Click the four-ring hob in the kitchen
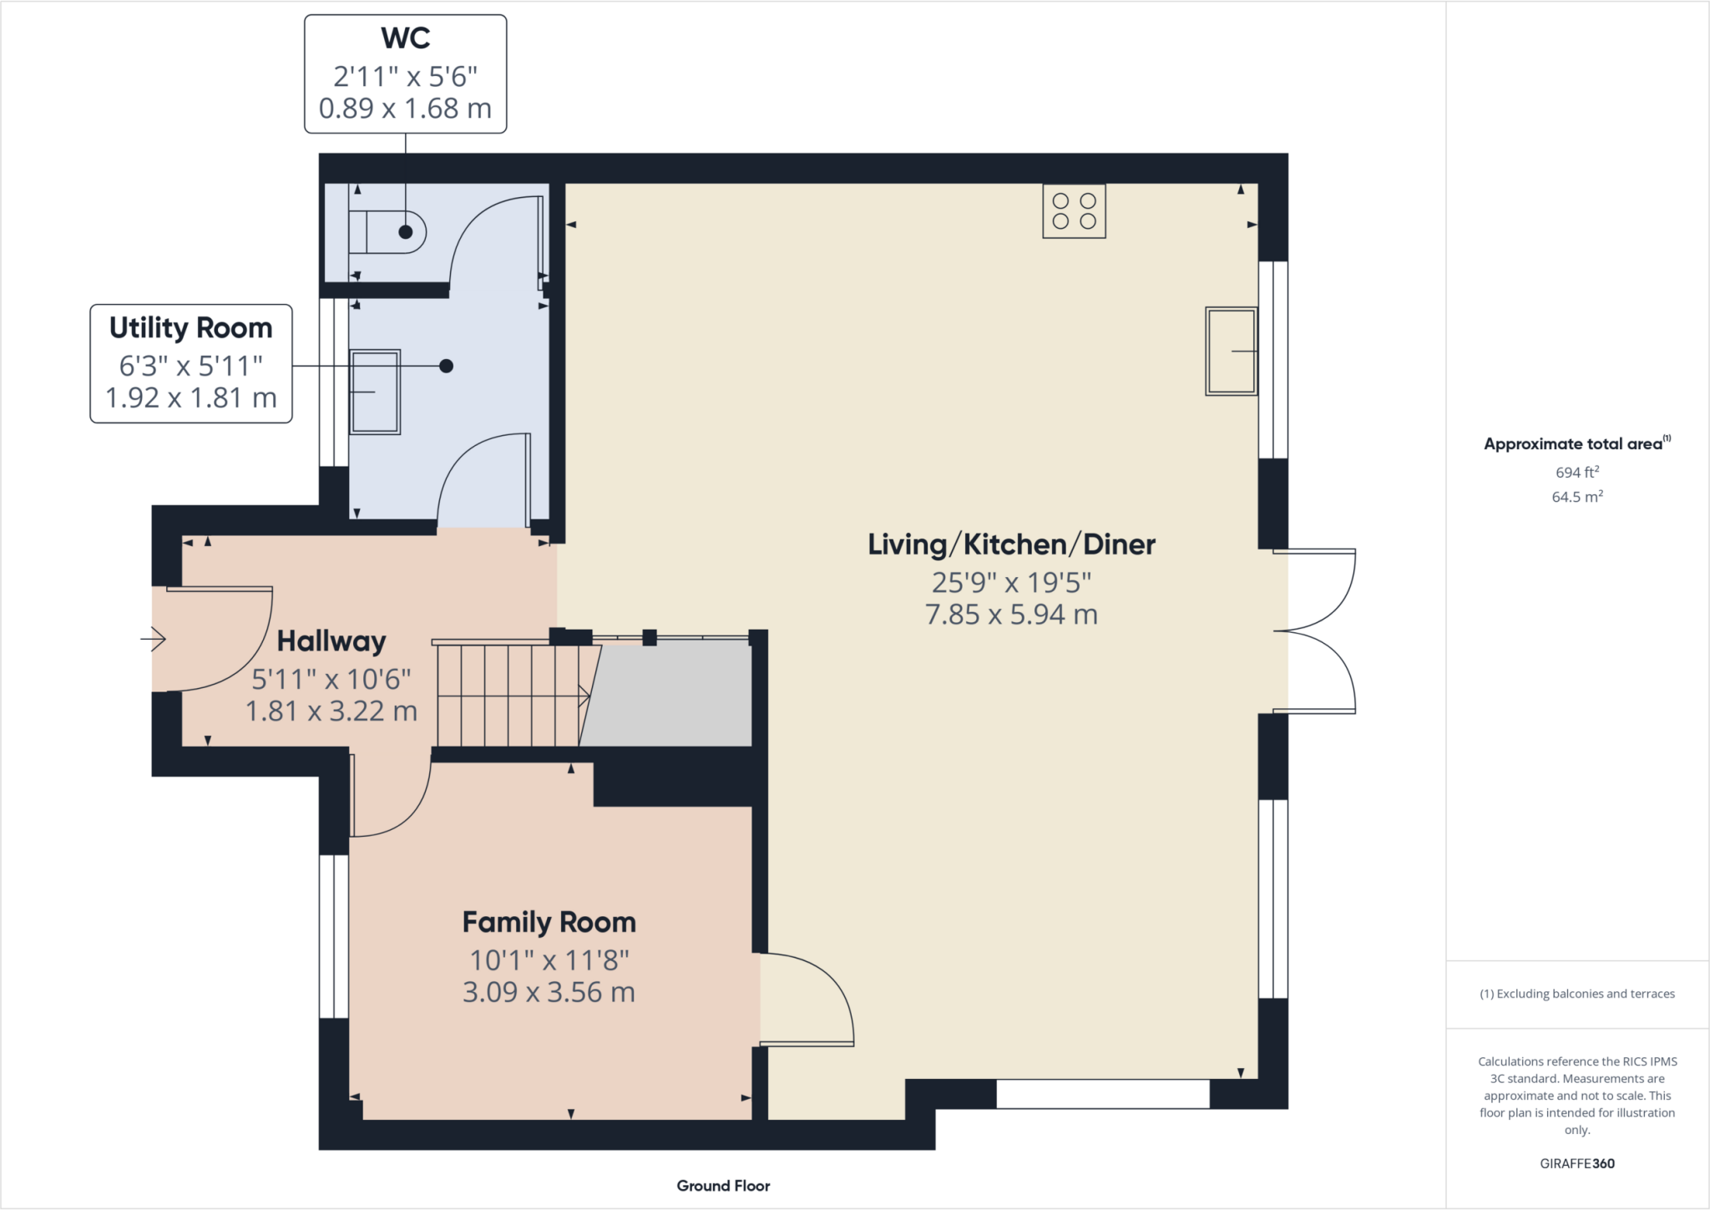(1074, 211)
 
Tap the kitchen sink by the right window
(1231, 351)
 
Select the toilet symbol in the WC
(389, 232)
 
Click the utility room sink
(375, 392)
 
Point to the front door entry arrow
(154, 640)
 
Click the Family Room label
(549, 922)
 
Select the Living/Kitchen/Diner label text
(1011, 544)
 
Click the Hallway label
(331, 641)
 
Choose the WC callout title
(405, 38)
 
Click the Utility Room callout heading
(191, 327)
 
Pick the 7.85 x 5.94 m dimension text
(1011, 615)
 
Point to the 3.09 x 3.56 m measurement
(549, 992)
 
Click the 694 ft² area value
(1576, 472)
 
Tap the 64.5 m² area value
(1576, 497)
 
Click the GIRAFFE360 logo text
(1576, 1163)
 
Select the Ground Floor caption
(723, 1186)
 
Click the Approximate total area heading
(1576, 443)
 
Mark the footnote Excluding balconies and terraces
(1576, 994)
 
